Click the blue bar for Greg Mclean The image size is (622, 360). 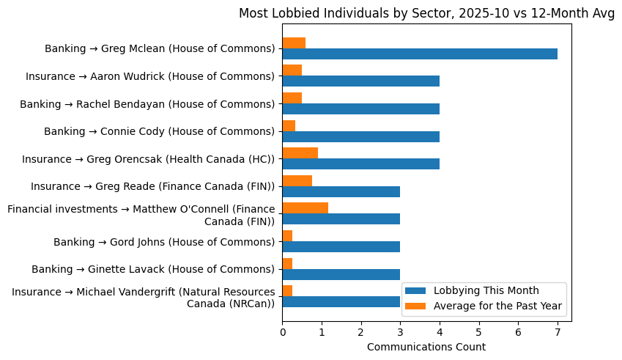coord(420,54)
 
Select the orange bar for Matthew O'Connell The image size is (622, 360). coord(305,207)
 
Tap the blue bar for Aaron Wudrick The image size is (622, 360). coord(360,81)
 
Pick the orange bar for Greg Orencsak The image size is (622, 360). coord(300,153)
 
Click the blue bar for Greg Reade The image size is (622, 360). coord(341,191)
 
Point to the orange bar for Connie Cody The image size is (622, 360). coord(289,125)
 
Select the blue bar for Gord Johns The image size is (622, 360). coord(341,246)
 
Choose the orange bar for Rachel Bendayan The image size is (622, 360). coord(292,98)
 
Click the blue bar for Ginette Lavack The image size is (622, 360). coord(341,274)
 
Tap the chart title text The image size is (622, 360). coord(426,13)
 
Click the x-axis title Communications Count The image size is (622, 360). coord(426,347)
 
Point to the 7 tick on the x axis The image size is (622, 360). coord(558,332)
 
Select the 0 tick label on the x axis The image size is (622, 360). coord(283,332)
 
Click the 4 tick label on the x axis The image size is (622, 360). coord(440,332)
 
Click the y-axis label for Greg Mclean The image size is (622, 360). coord(160,49)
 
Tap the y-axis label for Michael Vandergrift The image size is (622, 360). coord(144,298)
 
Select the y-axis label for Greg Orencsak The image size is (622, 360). coord(148,159)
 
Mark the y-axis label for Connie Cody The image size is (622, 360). coord(159,131)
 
